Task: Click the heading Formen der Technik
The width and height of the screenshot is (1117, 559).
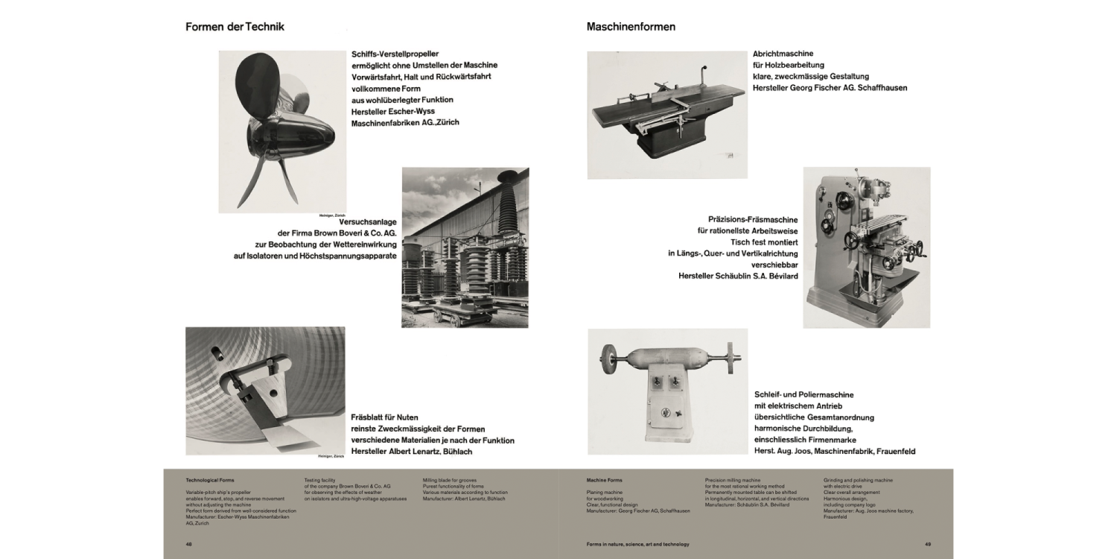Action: tap(235, 27)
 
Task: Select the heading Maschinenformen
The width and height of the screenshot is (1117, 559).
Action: tap(631, 27)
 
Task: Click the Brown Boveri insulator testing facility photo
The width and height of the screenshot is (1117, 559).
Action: tap(465, 247)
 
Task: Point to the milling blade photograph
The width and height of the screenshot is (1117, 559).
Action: tap(265, 391)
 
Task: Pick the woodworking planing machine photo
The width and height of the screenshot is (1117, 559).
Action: tap(666, 114)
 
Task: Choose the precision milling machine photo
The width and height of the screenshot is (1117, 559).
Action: tap(866, 247)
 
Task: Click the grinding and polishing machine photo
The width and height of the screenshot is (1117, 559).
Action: tap(667, 391)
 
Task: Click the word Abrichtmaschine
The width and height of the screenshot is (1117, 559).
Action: tap(783, 54)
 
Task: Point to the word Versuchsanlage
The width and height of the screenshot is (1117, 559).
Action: tap(367, 222)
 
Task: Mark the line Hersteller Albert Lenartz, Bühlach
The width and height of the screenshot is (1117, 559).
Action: tap(411, 451)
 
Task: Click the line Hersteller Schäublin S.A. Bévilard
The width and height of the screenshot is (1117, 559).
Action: tap(738, 276)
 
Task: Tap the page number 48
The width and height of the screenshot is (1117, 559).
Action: tap(189, 544)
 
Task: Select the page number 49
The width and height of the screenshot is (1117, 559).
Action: tap(927, 544)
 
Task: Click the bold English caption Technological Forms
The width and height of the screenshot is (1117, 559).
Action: tap(209, 480)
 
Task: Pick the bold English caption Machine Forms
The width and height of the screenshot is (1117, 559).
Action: tap(604, 480)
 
